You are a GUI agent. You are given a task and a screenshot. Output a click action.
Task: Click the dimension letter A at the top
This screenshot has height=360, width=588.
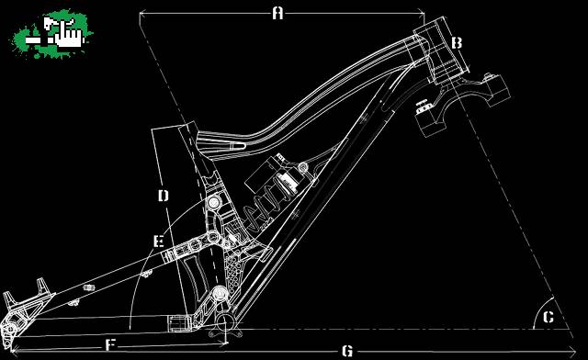(x=277, y=14)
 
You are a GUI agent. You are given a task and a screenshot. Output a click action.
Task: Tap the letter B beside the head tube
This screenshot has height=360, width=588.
(x=457, y=43)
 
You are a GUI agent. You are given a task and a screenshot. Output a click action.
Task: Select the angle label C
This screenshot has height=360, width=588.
(x=548, y=317)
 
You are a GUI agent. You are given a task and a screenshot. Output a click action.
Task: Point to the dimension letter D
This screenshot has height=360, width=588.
(x=164, y=196)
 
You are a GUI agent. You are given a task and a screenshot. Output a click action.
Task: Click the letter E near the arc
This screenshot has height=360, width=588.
(x=159, y=242)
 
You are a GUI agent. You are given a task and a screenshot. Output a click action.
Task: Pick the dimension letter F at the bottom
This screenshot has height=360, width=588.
(x=109, y=344)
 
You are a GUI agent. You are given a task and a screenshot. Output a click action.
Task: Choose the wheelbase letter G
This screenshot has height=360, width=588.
(x=347, y=352)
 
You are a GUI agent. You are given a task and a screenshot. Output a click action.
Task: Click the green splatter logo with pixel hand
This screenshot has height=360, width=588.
(x=51, y=34)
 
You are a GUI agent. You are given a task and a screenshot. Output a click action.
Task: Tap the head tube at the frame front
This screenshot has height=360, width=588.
(x=441, y=51)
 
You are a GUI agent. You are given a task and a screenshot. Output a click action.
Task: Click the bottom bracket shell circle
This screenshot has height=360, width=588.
(x=225, y=321)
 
